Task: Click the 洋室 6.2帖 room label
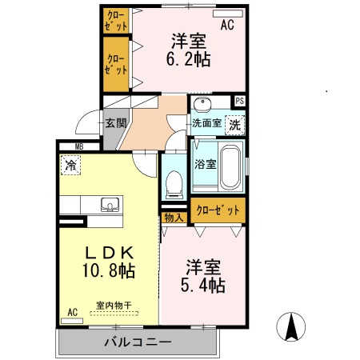pyautogui.click(x=189, y=50)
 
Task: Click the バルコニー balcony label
pyautogui.click(x=137, y=342)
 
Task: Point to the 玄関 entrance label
pyautogui.click(x=115, y=123)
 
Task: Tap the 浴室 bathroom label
pyautogui.click(x=205, y=164)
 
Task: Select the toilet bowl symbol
pyautogui.click(x=174, y=185)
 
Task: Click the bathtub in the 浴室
pyautogui.click(x=230, y=166)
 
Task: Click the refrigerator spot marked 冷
pyautogui.click(x=70, y=166)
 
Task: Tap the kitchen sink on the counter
pyautogui.click(x=109, y=205)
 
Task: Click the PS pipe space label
pyautogui.click(x=238, y=101)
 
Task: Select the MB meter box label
pyautogui.click(x=79, y=146)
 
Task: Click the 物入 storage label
pyautogui.click(x=174, y=217)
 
